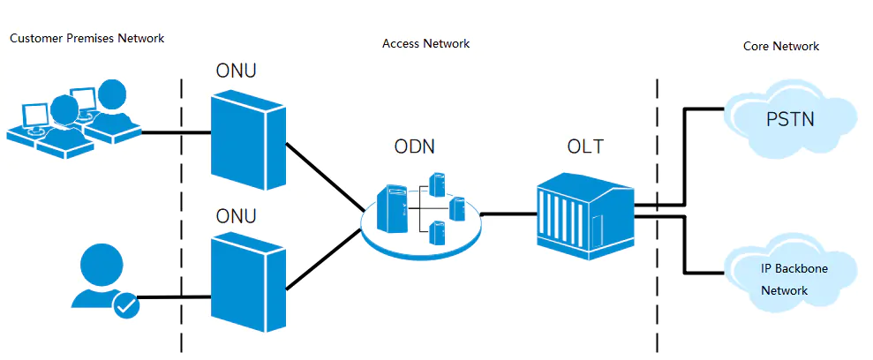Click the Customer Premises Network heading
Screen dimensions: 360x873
point(87,38)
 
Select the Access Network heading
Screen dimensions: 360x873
point(425,43)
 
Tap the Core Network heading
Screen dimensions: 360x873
point(781,46)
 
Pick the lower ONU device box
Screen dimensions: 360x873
point(247,281)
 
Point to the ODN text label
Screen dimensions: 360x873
point(414,147)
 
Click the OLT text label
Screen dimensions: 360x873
point(585,146)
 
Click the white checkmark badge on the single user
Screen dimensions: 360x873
point(126,304)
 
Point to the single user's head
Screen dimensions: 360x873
point(99,262)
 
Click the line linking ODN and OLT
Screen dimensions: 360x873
point(509,214)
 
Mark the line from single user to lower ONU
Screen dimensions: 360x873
point(173,297)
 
